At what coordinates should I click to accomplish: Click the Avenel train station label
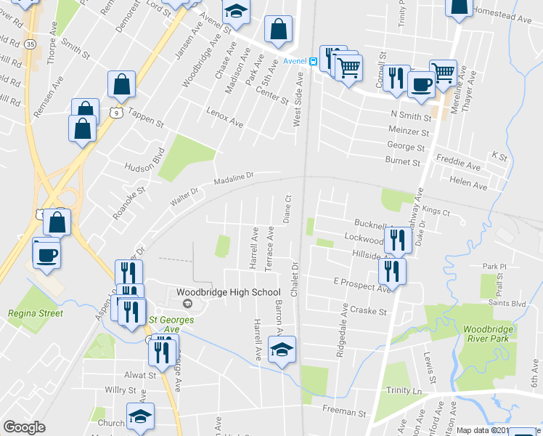coord(295,61)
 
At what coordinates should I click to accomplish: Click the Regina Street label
coord(35,314)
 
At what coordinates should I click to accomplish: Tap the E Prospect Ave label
coord(362,284)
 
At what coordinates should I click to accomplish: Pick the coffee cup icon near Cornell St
coord(420,84)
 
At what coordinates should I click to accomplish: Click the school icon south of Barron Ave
coord(282,349)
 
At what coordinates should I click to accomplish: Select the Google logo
coord(24,427)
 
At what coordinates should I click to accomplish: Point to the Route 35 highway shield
coord(30,44)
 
